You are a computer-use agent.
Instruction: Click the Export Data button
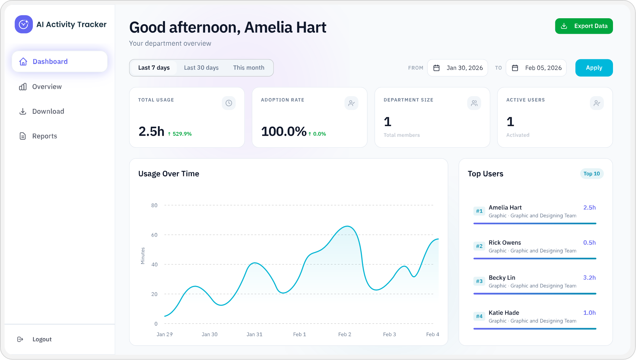tap(584, 26)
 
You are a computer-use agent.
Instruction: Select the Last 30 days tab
tap(201, 68)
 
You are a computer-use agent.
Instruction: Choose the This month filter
tap(249, 68)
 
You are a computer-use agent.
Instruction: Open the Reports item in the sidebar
tap(44, 136)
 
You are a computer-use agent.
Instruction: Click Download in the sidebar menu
tap(48, 111)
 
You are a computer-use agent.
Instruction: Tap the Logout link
tap(42, 339)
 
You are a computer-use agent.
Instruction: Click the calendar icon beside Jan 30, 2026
tap(436, 68)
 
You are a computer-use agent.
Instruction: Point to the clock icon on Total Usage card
tap(229, 103)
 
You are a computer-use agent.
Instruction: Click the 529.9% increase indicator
tap(180, 134)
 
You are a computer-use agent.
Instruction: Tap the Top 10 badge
tap(591, 174)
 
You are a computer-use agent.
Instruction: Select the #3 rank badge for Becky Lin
tap(479, 281)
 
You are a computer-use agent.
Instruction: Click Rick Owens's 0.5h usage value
tap(589, 242)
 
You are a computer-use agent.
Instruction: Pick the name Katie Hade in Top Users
tap(504, 313)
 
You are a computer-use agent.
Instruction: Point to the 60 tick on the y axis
tap(154, 235)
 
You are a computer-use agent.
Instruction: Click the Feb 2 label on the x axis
tap(344, 334)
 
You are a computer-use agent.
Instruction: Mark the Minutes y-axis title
tap(143, 256)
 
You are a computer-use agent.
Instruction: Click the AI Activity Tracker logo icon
tap(24, 24)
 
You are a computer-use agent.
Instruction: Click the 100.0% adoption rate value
tap(284, 132)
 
